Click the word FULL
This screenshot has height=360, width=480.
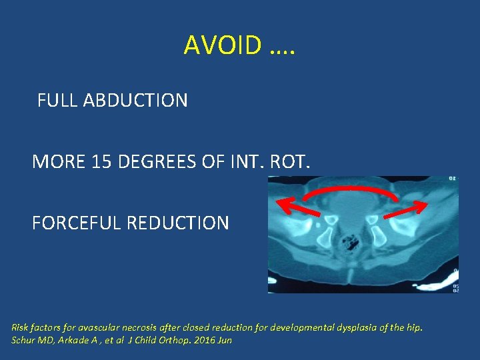coord(57,101)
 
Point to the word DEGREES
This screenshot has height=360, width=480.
coord(157,162)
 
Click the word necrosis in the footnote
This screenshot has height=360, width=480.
coord(141,327)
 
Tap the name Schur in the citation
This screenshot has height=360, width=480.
coord(23,340)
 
